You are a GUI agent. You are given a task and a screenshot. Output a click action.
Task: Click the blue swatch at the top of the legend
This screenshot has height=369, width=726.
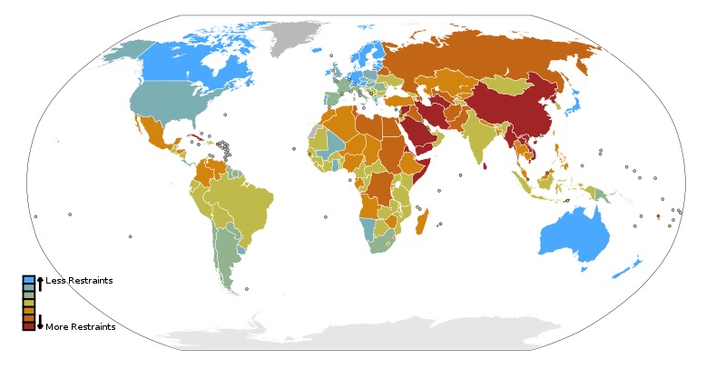(x=28, y=280)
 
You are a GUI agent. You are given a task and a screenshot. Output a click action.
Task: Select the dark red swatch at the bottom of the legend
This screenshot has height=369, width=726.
(x=28, y=326)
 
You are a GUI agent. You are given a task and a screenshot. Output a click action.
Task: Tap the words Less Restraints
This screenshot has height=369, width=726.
(x=79, y=281)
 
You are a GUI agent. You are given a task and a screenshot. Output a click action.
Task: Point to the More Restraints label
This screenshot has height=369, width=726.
(x=80, y=327)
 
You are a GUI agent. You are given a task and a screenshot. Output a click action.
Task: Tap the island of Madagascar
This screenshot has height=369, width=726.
(x=422, y=222)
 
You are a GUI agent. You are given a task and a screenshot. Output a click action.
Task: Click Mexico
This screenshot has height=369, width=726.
(x=150, y=132)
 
